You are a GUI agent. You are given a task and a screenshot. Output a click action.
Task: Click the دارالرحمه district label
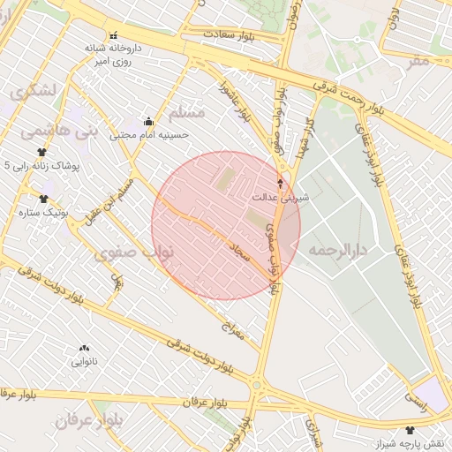tap(343, 251)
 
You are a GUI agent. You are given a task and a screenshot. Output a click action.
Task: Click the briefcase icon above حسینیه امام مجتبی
tap(148, 122)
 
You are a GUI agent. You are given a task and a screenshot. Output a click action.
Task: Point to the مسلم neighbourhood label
tap(186, 112)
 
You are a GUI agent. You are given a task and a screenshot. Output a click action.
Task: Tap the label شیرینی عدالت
tap(282, 198)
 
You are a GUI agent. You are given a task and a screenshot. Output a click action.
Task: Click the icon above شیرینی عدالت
tap(282, 184)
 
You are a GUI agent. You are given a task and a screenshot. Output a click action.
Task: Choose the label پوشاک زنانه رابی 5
tap(42, 165)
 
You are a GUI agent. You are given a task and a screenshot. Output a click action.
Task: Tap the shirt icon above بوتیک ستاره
tap(43, 199)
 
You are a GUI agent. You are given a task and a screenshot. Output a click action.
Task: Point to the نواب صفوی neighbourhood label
tap(134, 253)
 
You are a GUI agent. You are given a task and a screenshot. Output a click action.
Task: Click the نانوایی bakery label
tap(85, 361)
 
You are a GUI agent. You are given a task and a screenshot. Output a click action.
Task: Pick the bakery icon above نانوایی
tap(85, 348)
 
